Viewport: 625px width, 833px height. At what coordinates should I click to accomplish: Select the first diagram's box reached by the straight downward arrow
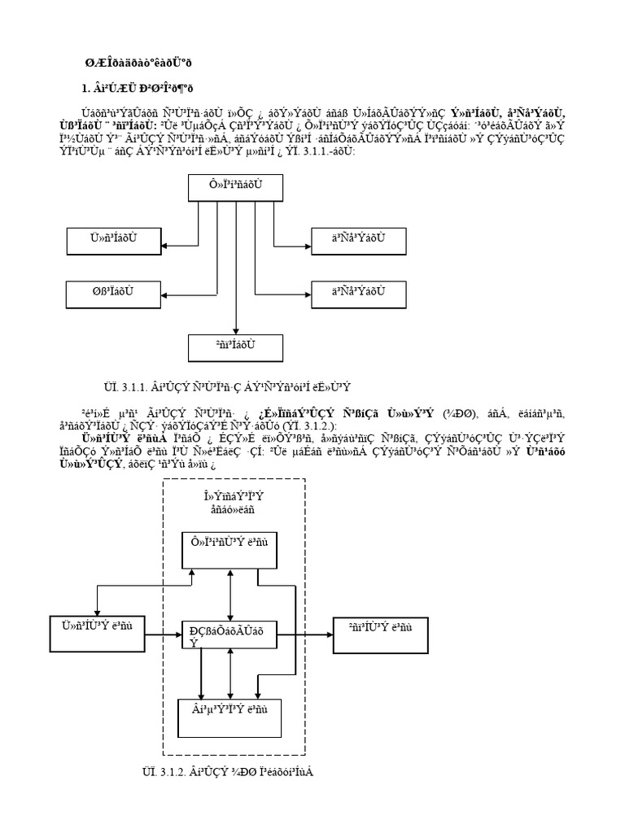point(236,346)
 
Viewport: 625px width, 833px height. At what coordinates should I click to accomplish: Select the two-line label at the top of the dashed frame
point(234,503)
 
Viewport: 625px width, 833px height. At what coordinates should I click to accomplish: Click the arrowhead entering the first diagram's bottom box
point(236,329)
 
